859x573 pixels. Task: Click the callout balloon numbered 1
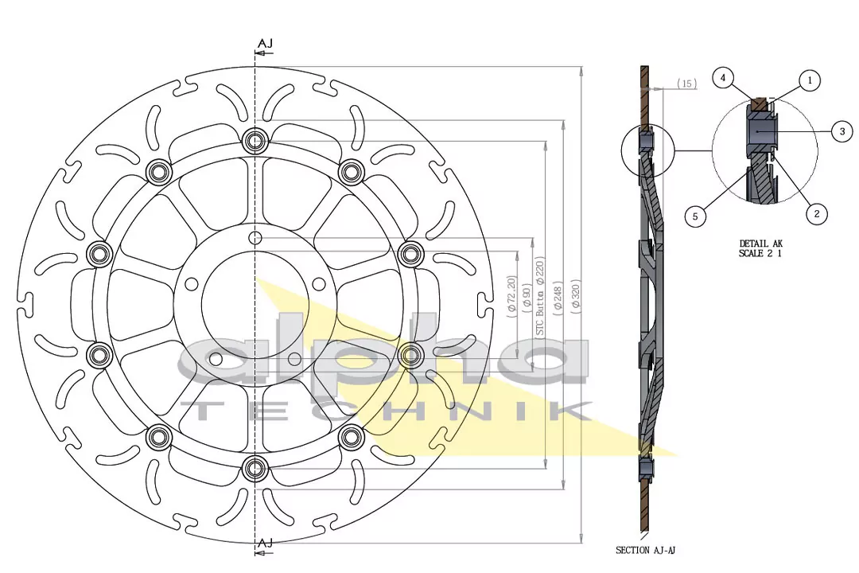pyautogui.click(x=810, y=80)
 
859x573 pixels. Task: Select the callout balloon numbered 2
pyautogui.click(x=816, y=213)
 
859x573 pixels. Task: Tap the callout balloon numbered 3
pyautogui.click(x=842, y=132)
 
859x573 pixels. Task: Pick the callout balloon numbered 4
pyautogui.click(x=723, y=78)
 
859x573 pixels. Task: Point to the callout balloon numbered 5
pyautogui.click(x=696, y=216)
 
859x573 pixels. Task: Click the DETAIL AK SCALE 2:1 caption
pyautogui.click(x=761, y=249)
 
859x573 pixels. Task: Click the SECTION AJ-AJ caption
pyautogui.click(x=646, y=550)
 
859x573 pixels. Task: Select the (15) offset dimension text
pyautogui.click(x=687, y=84)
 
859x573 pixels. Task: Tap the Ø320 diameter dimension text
pyautogui.click(x=576, y=294)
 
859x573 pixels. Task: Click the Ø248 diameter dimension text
pyautogui.click(x=558, y=294)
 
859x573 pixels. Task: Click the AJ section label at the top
pyautogui.click(x=266, y=43)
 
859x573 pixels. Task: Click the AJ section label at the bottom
pyautogui.click(x=266, y=543)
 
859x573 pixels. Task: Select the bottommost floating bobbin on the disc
pyautogui.click(x=255, y=467)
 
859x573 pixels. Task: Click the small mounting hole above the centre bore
pyautogui.click(x=255, y=238)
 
